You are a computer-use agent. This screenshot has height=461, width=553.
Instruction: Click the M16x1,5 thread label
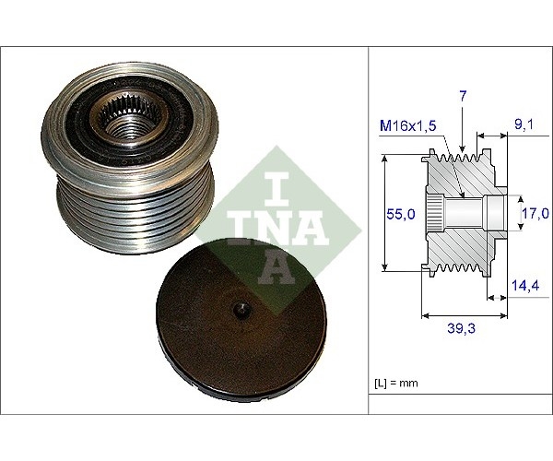pyautogui.click(x=408, y=125)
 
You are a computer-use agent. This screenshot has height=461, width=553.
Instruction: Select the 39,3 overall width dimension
pyautogui.click(x=461, y=328)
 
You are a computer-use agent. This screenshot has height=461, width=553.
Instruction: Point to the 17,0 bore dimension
pyautogui.click(x=535, y=213)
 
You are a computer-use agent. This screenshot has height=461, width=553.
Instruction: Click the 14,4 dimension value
pyautogui.click(x=525, y=285)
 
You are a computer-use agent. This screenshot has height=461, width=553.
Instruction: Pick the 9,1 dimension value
pyautogui.click(x=524, y=124)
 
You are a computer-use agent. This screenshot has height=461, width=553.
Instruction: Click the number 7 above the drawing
pyautogui.click(x=463, y=97)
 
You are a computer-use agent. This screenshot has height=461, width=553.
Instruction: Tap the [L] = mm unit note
pyautogui.click(x=395, y=383)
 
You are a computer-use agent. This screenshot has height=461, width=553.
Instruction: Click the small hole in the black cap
pyautogui.click(x=242, y=310)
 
